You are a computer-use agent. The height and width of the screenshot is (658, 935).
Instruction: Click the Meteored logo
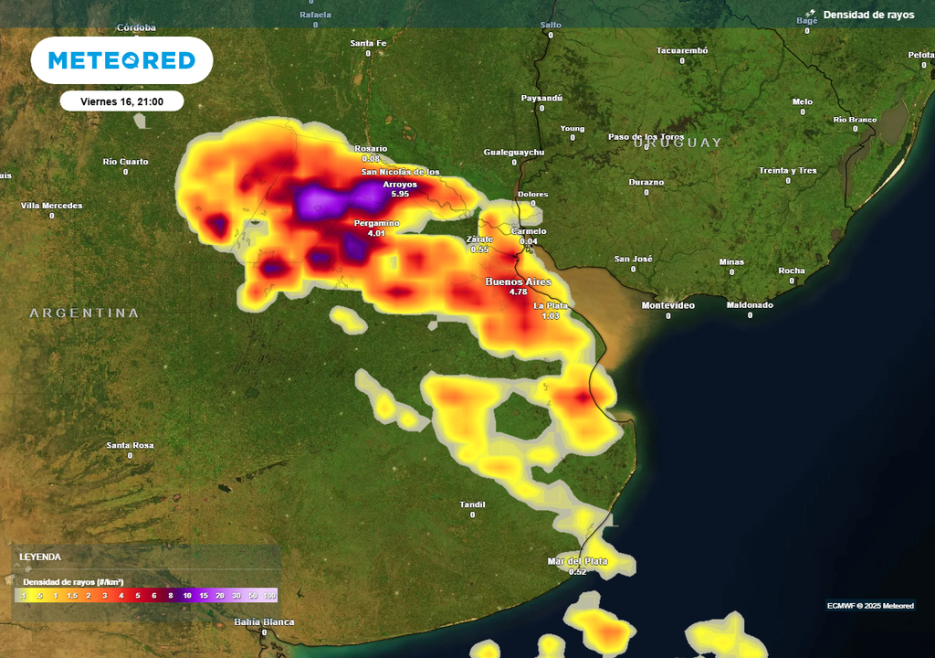click(121, 60)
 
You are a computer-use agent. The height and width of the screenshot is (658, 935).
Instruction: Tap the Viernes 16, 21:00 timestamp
click(121, 101)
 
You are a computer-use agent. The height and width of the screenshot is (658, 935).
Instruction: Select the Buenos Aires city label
click(518, 281)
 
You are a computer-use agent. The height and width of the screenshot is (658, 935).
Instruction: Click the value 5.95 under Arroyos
click(400, 195)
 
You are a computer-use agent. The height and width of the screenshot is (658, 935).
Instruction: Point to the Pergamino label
click(377, 223)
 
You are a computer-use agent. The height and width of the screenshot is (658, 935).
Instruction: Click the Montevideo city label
click(667, 305)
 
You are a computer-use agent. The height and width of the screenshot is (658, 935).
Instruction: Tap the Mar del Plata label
click(577, 560)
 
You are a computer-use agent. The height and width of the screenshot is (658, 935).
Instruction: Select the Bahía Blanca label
click(264, 621)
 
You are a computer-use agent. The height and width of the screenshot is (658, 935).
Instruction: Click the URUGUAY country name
click(678, 143)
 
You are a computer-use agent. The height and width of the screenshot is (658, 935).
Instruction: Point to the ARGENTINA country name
click(84, 313)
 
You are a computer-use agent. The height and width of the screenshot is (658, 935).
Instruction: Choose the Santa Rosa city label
click(130, 446)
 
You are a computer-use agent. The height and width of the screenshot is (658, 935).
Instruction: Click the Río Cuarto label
click(125, 162)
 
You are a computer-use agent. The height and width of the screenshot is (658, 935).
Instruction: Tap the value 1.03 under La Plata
click(551, 316)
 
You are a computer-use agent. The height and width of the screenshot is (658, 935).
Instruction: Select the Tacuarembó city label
click(681, 50)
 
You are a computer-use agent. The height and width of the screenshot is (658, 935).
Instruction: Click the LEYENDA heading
click(40, 557)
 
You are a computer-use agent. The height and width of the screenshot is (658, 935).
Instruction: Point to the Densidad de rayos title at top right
click(868, 15)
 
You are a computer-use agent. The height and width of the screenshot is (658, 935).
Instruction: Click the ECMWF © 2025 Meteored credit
click(870, 605)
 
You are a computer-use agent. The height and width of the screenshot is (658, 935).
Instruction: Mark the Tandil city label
click(472, 504)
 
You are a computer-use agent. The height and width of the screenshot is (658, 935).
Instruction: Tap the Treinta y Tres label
click(787, 171)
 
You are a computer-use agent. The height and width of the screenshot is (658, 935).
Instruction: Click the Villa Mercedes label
click(51, 206)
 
